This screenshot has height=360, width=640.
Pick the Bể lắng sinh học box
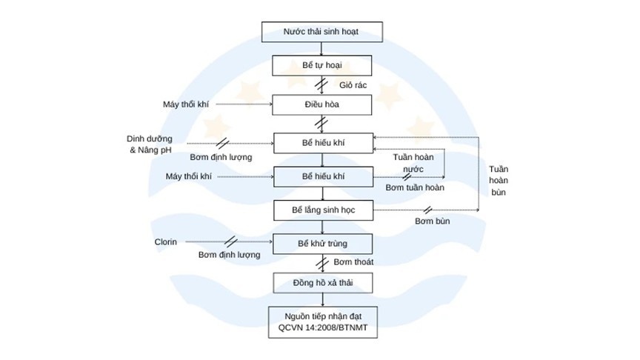pos(322,210)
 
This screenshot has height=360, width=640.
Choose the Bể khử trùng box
pos(322,243)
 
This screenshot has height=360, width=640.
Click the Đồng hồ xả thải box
pos(322,283)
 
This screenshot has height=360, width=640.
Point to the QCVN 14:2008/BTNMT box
pos(322,322)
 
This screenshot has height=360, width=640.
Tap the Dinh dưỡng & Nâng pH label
pos(150,144)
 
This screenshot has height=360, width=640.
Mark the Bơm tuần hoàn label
pos(415,188)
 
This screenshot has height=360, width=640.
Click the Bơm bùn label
pos(433,221)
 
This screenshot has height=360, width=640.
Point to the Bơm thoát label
pos(353,262)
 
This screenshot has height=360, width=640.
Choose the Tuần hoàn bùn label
pos(499,180)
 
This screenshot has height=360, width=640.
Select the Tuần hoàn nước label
pos(413,163)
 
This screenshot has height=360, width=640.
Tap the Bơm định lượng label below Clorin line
pos(229,255)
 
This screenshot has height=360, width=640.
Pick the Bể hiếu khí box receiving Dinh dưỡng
pos(322,144)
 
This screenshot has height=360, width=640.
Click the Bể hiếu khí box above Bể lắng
pos(322,176)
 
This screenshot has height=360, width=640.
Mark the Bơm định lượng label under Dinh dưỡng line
pos(221,157)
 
